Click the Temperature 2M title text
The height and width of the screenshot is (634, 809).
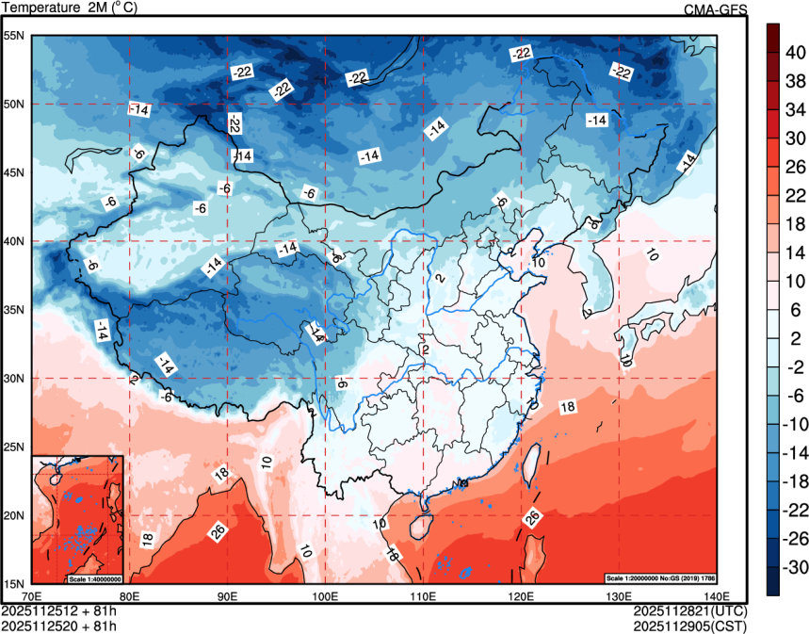click(x=70, y=8)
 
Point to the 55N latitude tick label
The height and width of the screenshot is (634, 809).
click(x=16, y=36)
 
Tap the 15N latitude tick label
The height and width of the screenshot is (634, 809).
click(x=16, y=584)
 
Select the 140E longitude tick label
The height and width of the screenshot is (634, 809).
click(x=720, y=595)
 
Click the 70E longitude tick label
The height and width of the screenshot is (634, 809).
click(x=32, y=595)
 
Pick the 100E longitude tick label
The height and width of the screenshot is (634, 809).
click(x=326, y=595)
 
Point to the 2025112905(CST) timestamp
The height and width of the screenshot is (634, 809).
click(x=692, y=625)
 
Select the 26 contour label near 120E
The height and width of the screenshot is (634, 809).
click(x=532, y=517)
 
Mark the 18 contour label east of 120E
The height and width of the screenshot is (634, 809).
click(x=568, y=407)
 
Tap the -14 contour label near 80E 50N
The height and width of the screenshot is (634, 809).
click(x=139, y=110)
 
